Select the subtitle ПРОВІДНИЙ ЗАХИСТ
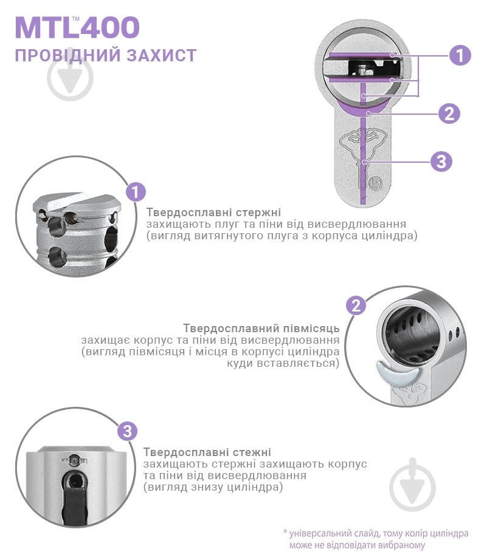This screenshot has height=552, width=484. pyautogui.click(x=105, y=56)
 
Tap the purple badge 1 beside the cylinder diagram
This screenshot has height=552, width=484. pyautogui.click(x=460, y=55)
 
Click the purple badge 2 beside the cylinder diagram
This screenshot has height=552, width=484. pyautogui.click(x=449, y=112)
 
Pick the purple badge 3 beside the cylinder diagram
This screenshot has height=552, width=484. pyautogui.click(x=441, y=162)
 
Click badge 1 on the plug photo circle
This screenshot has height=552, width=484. pyautogui.click(x=136, y=193)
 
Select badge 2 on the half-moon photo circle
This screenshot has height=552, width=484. pyautogui.click(x=356, y=305)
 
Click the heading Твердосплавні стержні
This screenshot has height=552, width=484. pyautogui.click(x=213, y=213)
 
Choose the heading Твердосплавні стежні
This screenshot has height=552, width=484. pyautogui.click(x=207, y=452)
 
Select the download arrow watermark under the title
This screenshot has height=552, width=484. pyautogui.click(x=70, y=78)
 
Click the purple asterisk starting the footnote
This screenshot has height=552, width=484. pyautogui.click(x=285, y=533)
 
